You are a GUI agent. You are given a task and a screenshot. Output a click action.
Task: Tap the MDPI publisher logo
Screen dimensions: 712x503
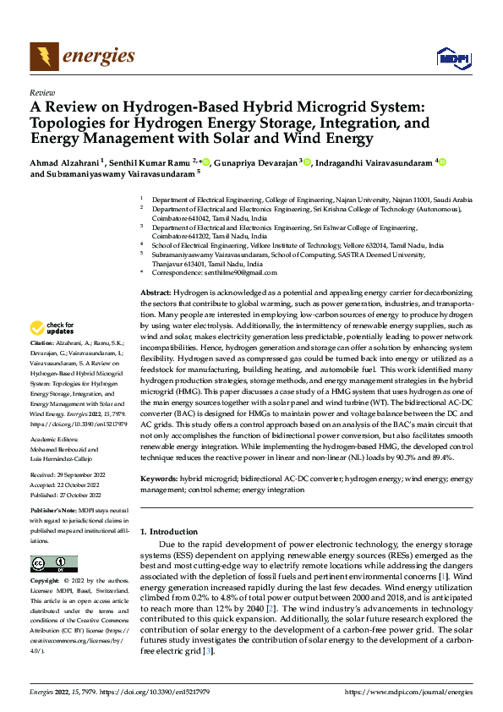(x=452, y=58)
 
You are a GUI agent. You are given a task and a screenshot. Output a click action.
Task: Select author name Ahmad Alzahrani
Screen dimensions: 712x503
(x=65, y=162)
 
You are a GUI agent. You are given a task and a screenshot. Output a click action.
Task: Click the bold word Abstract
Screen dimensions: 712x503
(x=155, y=292)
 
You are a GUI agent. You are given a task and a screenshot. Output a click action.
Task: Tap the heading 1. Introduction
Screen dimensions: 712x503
(x=168, y=531)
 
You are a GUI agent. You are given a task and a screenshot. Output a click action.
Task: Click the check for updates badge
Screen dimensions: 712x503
(x=53, y=327)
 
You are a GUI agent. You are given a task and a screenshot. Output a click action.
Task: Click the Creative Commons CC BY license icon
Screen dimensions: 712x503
(x=53, y=564)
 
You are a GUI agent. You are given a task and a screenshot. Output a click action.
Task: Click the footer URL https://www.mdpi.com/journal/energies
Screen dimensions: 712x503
(x=409, y=693)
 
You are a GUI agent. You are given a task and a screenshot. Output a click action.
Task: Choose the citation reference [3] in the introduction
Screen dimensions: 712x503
(x=205, y=651)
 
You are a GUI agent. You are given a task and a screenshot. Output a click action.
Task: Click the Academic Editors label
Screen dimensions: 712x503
(x=55, y=440)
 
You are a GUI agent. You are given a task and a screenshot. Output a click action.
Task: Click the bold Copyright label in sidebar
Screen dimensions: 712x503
(x=45, y=582)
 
